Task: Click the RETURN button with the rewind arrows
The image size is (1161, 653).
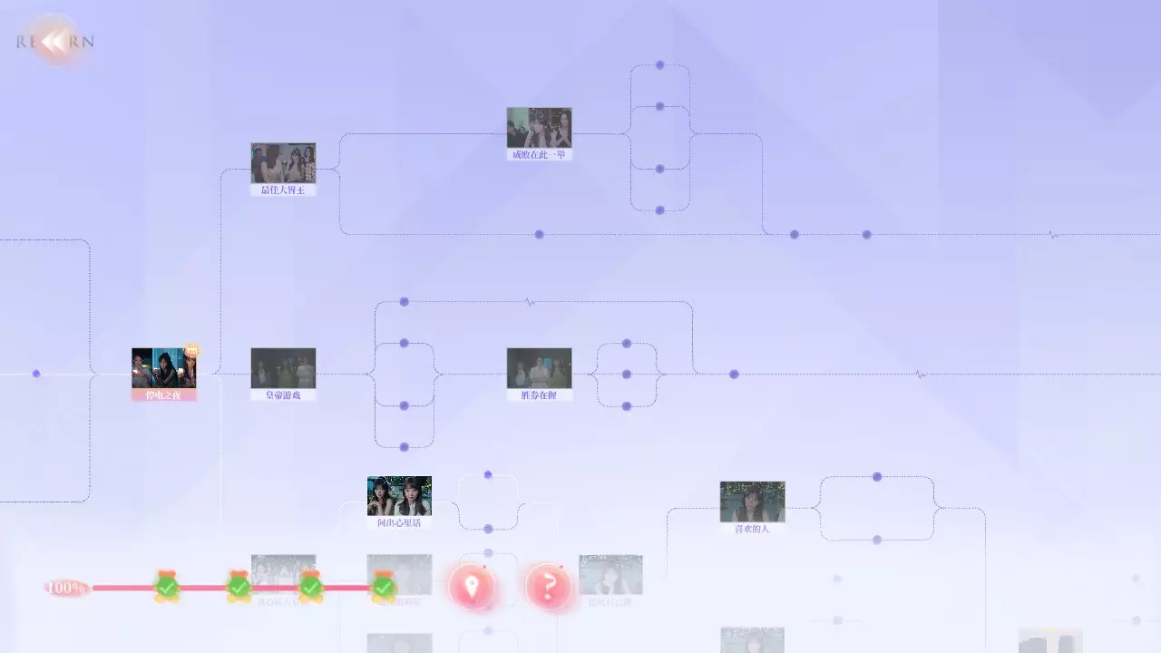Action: [x=56, y=41]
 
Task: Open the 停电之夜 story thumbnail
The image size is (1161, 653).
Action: [x=163, y=367]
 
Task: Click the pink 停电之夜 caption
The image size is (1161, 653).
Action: [x=163, y=395]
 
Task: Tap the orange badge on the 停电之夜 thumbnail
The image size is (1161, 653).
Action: [x=191, y=350]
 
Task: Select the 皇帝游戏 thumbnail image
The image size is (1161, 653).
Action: [x=283, y=367]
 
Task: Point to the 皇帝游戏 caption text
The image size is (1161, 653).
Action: [x=283, y=395]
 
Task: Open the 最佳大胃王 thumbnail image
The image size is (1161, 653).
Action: [x=283, y=162]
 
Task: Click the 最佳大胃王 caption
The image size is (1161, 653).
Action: [x=283, y=190]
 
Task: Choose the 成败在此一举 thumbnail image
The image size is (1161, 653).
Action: [x=539, y=127]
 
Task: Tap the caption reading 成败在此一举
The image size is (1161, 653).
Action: [x=539, y=155]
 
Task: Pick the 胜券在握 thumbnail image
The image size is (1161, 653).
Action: [x=539, y=367]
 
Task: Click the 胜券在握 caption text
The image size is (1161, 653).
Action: [x=539, y=395]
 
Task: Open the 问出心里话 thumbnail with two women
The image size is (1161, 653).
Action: [x=399, y=495]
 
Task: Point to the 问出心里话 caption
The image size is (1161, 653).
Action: [x=399, y=523]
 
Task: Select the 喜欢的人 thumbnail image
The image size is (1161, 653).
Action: [x=752, y=501]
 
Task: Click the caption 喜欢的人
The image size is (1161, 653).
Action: [x=752, y=529]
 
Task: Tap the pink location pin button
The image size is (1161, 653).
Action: [x=471, y=587]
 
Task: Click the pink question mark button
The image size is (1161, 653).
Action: [x=548, y=587]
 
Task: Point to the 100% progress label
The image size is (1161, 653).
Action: [x=66, y=588]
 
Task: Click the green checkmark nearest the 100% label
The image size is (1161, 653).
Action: [x=166, y=588]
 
